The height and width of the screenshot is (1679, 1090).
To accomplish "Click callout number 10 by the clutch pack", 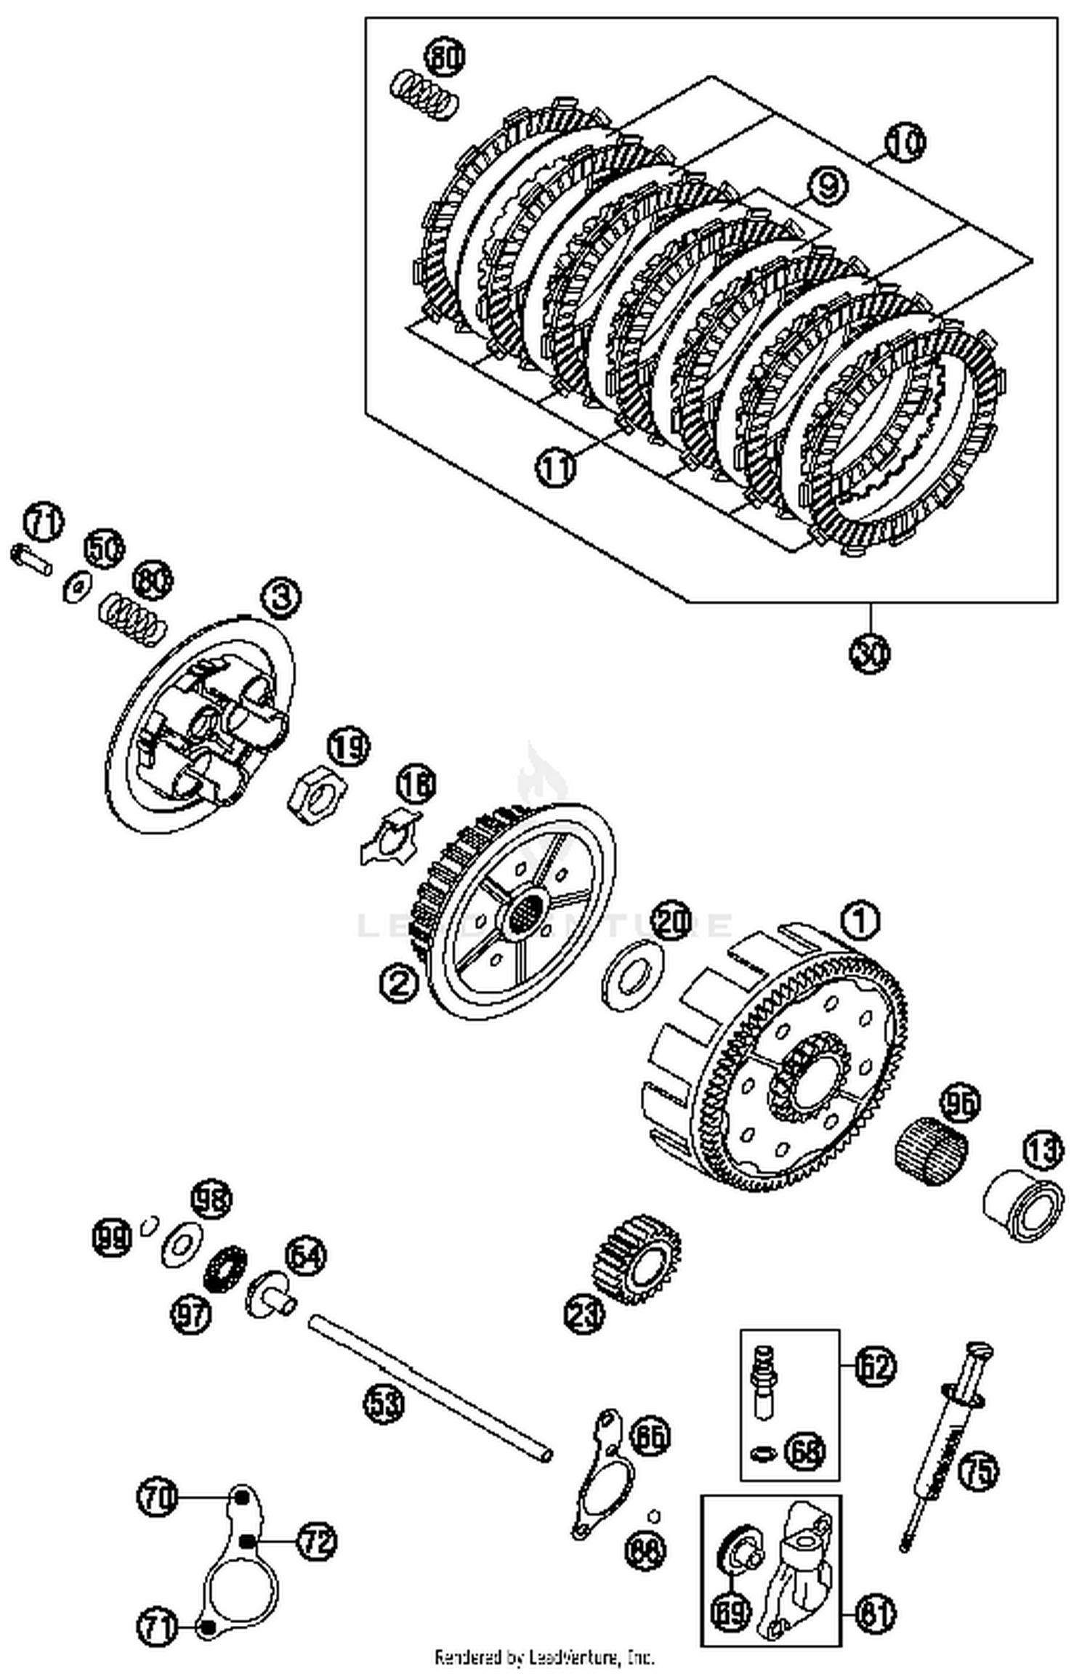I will click(x=905, y=142).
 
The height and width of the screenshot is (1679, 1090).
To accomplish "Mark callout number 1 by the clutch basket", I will click(x=860, y=922).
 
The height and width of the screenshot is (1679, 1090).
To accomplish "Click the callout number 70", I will click(x=157, y=1497).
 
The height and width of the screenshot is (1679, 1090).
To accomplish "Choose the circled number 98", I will click(x=211, y=1199).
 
